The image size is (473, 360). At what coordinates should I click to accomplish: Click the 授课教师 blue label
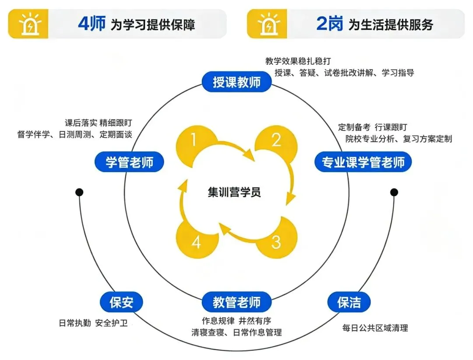pyautogui.click(x=236, y=82)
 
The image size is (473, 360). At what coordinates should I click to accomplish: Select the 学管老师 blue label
pyautogui.click(x=130, y=162)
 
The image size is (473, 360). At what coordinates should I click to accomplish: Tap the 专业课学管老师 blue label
pyautogui.click(x=364, y=162)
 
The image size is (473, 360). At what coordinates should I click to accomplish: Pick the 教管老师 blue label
pyautogui.click(x=236, y=302)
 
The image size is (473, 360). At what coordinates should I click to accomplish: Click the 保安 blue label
pyautogui.click(x=121, y=302)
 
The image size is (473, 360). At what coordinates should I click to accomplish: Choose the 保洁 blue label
pyautogui.click(x=349, y=302)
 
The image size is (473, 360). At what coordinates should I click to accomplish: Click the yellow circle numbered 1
pyautogui.click(x=194, y=140)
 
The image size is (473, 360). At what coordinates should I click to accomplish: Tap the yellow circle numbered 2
pyautogui.click(x=276, y=140)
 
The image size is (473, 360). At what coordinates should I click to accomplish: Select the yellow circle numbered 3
pyautogui.click(x=276, y=242)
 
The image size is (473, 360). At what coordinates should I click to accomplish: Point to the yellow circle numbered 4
pyautogui.click(x=196, y=242)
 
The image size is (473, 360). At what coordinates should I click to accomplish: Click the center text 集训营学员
pyautogui.click(x=234, y=192)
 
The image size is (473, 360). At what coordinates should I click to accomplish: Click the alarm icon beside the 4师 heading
pyautogui.click(x=28, y=24)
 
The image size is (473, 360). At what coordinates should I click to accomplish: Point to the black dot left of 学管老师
pyautogui.click(x=79, y=192)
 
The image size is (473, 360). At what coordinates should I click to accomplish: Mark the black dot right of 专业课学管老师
pyautogui.click(x=394, y=192)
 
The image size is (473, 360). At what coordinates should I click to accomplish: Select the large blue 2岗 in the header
pyautogui.click(x=329, y=24)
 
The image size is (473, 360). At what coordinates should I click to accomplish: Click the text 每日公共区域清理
pyautogui.click(x=375, y=328)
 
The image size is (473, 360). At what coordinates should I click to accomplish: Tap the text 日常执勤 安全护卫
pyautogui.click(x=93, y=323)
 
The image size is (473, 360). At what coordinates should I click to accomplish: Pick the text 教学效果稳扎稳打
pyautogui.click(x=301, y=61)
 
